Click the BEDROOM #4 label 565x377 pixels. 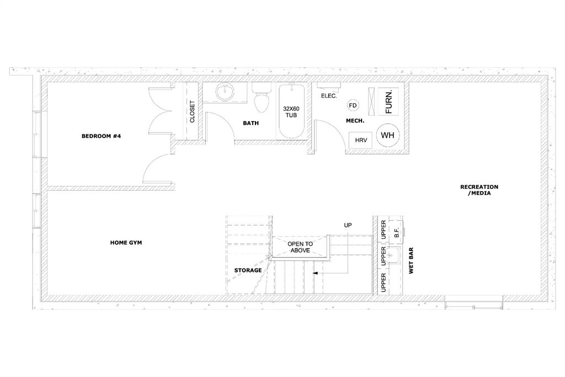point(102,136)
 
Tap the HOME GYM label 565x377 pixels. point(126,243)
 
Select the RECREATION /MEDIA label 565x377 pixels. point(479,190)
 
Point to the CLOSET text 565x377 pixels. point(192,112)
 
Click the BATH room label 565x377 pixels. point(251,123)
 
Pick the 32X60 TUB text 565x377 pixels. point(291,112)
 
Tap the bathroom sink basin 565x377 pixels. point(225,92)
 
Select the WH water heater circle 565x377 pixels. point(388,135)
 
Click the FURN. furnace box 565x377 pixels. point(388,101)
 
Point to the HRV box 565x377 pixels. point(361,140)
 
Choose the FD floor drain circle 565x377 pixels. point(353,106)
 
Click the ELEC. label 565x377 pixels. point(329,96)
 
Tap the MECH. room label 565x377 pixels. point(355,121)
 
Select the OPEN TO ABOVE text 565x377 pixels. point(300,247)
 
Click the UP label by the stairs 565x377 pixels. point(348,226)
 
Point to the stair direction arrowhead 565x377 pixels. point(315,274)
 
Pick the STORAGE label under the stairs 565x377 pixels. point(248,270)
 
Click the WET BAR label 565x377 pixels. point(411,260)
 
